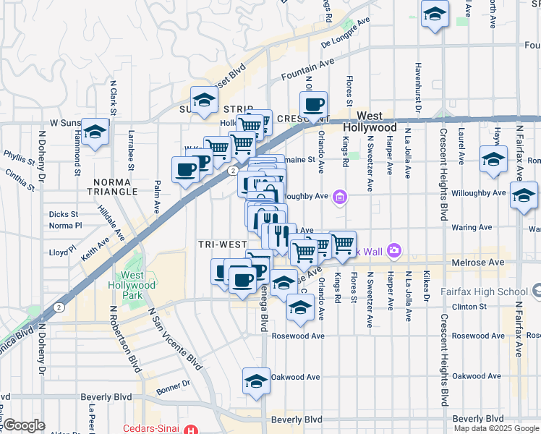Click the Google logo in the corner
click(x=24, y=425)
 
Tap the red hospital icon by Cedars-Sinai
click(x=190, y=429)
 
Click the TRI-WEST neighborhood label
click(x=221, y=244)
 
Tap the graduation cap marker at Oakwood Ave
click(x=256, y=382)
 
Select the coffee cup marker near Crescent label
click(x=314, y=104)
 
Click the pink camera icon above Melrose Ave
click(x=394, y=251)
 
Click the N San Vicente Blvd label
click(x=176, y=339)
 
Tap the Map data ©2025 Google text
click(x=496, y=428)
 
